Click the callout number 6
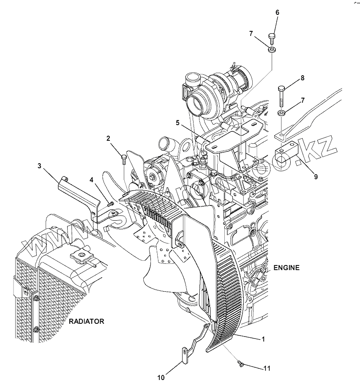[x=277, y=12]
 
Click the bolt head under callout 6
[x=273, y=36]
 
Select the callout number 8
[x=302, y=78]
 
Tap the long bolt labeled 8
[x=281, y=96]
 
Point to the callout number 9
[x=316, y=177]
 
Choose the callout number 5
[x=178, y=123]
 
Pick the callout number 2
[x=108, y=138]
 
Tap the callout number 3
[x=39, y=166]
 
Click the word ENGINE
[x=286, y=268]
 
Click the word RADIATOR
[x=87, y=321]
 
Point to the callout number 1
[x=263, y=339]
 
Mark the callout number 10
[x=161, y=377]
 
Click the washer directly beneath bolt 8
[x=281, y=114]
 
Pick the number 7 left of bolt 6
[x=251, y=33]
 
